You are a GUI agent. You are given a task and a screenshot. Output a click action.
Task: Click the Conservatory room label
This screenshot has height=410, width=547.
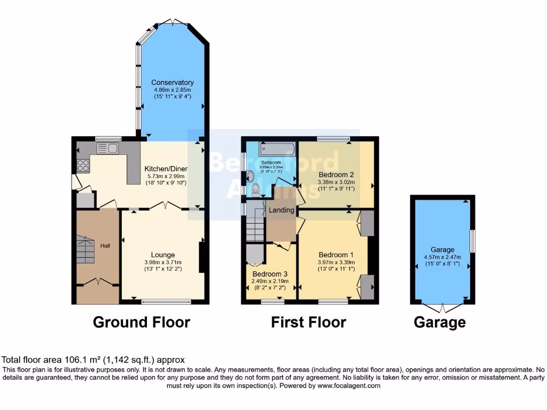[172, 82]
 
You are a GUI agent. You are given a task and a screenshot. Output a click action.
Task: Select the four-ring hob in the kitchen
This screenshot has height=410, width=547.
[83, 165]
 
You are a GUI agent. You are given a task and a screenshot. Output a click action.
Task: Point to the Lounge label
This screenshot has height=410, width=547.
[163, 255]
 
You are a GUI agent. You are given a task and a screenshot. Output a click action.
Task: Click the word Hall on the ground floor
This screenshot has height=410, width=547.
[105, 246]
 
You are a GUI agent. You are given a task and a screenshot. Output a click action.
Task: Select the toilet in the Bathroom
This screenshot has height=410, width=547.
[255, 188]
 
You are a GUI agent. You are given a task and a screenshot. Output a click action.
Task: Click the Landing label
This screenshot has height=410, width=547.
[282, 210]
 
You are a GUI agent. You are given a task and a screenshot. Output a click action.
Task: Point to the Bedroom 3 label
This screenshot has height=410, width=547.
[270, 274]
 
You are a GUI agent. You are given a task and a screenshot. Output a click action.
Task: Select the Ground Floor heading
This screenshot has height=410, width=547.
[141, 322]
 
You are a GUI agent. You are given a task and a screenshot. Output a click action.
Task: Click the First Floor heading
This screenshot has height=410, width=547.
[308, 322]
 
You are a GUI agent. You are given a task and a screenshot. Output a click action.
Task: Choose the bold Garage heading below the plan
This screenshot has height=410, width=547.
[439, 322]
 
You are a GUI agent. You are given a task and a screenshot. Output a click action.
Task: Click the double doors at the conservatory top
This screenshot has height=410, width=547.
[174, 21]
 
